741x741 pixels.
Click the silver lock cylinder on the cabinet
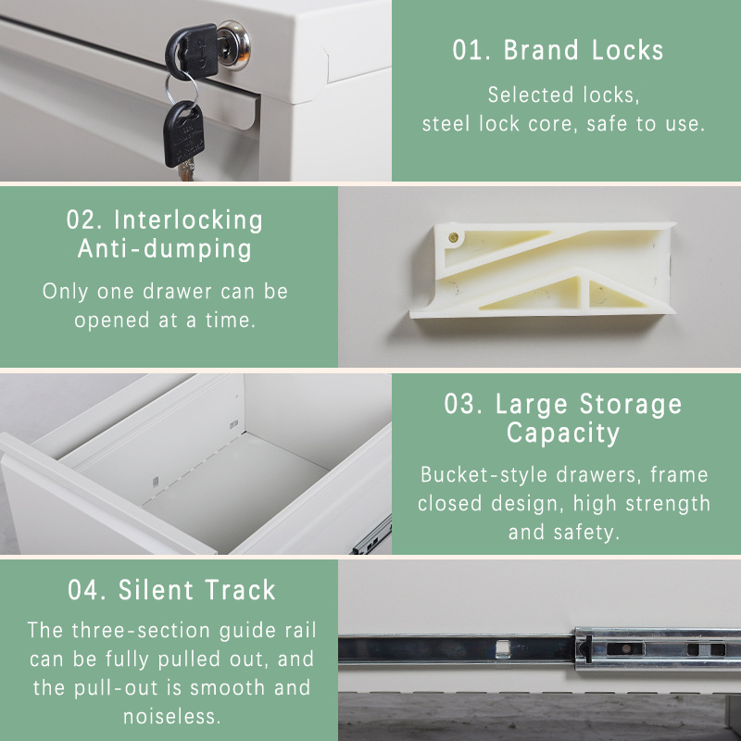pyautogui.click(x=235, y=45)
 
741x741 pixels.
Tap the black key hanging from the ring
pyautogui.click(x=183, y=134)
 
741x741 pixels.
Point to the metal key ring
pyautogui.click(x=182, y=89)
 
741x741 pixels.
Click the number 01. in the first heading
pyautogui.click(x=471, y=50)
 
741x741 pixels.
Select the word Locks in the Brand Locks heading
pyautogui.click(x=628, y=50)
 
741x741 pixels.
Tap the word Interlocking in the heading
pyautogui.click(x=188, y=220)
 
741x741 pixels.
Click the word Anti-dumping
pyautogui.click(x=165, y=249)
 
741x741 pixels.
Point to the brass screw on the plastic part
pyautogui.click(x=453, y=237)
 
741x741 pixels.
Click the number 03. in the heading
pyautogui.click(x=464, y=405)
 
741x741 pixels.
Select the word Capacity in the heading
pyautogui.click(x=563, y=433)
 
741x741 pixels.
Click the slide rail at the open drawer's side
pyautogui.click(x=372, y=537)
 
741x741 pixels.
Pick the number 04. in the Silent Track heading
pyautogui.click(x=87, y=590)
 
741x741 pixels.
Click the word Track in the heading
pyautogui.click(x=241, y=590)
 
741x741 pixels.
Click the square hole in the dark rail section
pyautogui.click(x=503, y=648)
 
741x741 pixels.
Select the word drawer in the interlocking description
pyautogui.click(x=177, y=292)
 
